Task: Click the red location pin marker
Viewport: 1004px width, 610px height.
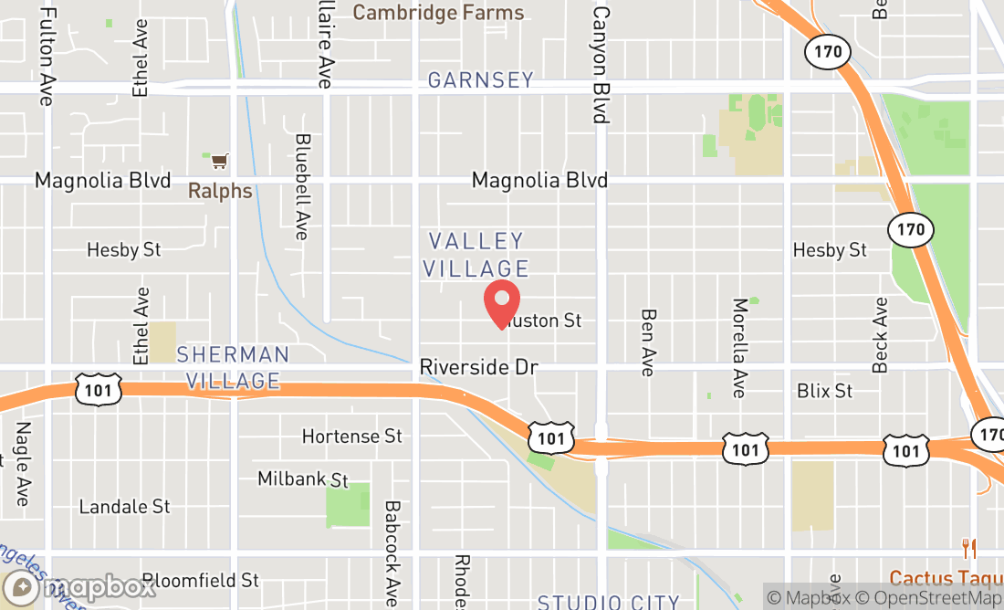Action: coord(501,304)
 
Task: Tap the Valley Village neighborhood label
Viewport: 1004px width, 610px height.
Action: coord(479,255)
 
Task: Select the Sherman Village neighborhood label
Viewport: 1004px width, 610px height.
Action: coord(233,367)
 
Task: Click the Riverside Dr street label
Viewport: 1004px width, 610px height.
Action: coord(479,367)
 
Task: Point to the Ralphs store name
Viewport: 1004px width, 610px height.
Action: coord(220,191)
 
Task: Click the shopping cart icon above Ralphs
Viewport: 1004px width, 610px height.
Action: coord(219,162)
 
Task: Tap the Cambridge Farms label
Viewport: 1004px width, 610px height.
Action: coord(439,13)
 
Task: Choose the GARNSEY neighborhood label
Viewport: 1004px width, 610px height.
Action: coord(481,80)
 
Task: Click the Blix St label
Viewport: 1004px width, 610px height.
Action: coord(825,391)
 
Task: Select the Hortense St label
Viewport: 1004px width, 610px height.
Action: coord(352,436)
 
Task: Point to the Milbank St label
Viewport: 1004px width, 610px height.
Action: coord(303,479)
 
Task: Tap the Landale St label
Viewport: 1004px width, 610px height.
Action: coord(125,507)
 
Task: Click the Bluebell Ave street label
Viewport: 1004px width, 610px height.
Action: coord(303,187)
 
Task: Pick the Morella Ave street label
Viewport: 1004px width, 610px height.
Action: coord(739,348)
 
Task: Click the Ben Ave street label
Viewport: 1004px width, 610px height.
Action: coord(648,342)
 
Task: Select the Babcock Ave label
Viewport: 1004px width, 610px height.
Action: coord(392,552)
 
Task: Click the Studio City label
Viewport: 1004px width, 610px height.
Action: coord(609,602)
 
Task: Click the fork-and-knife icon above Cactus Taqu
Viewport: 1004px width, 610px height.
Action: coord(969,549)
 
